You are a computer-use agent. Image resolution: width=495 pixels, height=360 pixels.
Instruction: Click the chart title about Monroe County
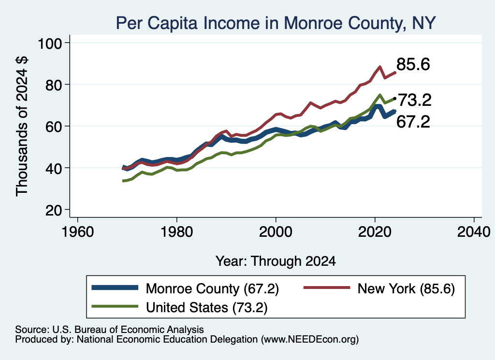click(x=276, y=23)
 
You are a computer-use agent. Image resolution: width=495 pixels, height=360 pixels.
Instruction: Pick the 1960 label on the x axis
click(x=78, y=232)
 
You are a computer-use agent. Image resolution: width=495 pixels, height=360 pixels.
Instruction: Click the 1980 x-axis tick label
click(x=177, y=232)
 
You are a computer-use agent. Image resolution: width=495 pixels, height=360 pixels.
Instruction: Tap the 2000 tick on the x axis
click(x=276, y=232)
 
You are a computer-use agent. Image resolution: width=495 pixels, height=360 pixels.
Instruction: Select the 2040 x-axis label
click(x=474, y=232)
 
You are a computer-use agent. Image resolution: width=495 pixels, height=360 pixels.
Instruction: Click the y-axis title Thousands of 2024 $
click(x=22, y=126)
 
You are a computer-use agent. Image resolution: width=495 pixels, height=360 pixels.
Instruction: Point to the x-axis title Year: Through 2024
click(x=276, y=261)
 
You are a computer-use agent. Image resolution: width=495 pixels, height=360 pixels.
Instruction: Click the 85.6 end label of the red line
click(x=413, y=64)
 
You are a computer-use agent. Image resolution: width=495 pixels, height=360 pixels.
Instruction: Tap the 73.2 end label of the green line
click(x=414, y=101)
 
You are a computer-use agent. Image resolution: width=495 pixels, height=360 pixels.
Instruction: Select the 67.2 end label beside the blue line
click(x=413, y=122)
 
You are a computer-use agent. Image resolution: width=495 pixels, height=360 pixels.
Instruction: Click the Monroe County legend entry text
click(x=212, y=288)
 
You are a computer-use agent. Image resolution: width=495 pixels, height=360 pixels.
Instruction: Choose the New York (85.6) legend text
click(x=406, y=288)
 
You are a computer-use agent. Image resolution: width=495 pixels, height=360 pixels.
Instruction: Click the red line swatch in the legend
click(x=327, y=288)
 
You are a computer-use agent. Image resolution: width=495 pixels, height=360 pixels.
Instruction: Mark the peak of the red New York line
click(x=380, y=67)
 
